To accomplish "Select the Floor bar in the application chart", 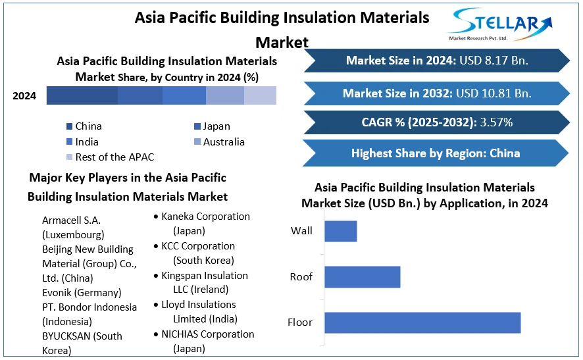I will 422,322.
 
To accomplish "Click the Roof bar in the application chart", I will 362,277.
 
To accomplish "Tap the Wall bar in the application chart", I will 340,231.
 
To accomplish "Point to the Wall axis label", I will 301,231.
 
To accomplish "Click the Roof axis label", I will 301,277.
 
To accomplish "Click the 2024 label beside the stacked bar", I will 24,96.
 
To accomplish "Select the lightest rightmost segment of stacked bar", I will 260,96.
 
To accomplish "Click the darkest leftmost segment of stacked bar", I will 82,96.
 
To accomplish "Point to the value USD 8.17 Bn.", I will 494,61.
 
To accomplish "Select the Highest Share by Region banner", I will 435,153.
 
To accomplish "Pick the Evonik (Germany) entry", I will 82,293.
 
